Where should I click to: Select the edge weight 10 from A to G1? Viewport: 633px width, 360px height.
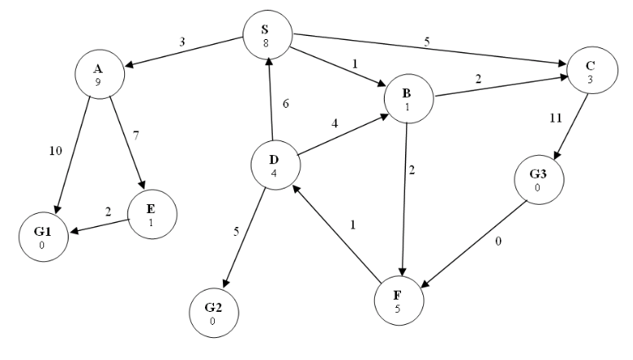[55, 150]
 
